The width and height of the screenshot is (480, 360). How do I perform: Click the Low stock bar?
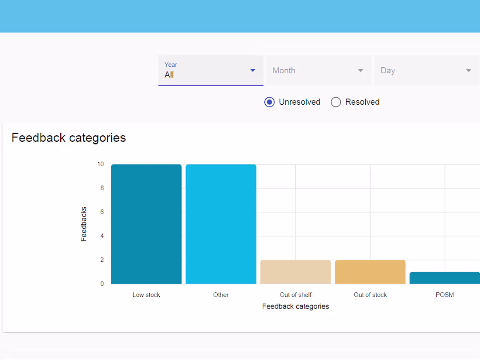tap(146, 224)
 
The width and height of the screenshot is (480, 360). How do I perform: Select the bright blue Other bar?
tap(221, 224)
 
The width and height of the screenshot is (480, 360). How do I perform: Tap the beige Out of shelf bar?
tap(295, 272)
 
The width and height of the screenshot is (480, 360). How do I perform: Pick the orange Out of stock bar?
tap(370, 272)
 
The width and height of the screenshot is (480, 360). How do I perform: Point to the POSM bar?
tap(445, 278)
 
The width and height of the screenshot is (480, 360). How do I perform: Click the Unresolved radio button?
tap(270, 102)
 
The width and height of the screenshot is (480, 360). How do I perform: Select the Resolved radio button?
tap(336, 102)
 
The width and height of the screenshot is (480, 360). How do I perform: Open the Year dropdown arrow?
tap(253, 71)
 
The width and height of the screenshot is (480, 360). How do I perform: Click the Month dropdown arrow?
tap(360, 71)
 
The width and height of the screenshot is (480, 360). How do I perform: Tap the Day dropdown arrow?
tap(469, 71)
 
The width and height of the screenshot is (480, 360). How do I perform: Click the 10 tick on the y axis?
tap(100, 164)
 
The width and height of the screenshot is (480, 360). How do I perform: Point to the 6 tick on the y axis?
tap(102, 212)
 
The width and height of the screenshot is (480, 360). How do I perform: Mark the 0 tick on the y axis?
tap(102, 284)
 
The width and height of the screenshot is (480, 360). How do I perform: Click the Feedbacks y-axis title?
tap(84, 224)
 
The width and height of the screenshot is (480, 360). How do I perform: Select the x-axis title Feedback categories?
tap(295, 306)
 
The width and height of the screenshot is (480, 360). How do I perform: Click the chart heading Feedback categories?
tap(69, 138)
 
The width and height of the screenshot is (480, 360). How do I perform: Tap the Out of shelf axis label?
tap(295, 295)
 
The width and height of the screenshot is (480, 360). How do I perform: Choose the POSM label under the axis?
tap(445, 295)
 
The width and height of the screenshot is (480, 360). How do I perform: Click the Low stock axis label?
tap(146, 295)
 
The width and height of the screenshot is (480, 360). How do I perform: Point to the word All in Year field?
tap(169, 75)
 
